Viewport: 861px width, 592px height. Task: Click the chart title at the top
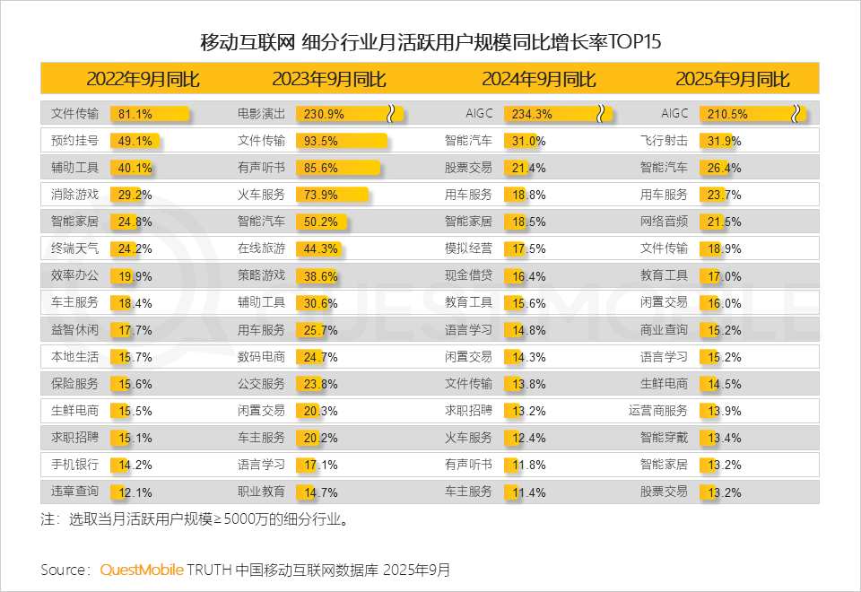pyautogui.click(x=430, y=42)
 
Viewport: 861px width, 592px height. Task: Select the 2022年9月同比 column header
pyautogui.click(x=143, y=79)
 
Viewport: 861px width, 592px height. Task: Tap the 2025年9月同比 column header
pyautogui.click(x=733, y=79)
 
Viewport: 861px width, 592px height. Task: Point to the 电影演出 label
pyautogui.click(x=261, y=114)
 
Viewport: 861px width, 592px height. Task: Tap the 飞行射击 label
pyautogui.click(x=664, y=141)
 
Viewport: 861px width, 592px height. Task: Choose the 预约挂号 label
pyautogui.click(x=75, y=141)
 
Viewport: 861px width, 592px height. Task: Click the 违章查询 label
pyautogui.click(x=75, y=492)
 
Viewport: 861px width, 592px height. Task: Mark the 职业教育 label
pyautogui.click(x=261, y=492)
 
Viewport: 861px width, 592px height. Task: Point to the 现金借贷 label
pyautogui.click(x=469, y=275)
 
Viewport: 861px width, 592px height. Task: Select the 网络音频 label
pyautogui.click(x=664, y=222)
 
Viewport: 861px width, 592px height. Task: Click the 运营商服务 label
pyautogui.click(x=658, y=411)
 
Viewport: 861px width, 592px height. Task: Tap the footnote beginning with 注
pyautogui.click(x=194, y=519)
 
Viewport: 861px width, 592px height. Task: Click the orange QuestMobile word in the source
pyautogui.click(x=142, y=570)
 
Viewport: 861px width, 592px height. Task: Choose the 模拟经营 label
pyautogui.click(x=469, y=248)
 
